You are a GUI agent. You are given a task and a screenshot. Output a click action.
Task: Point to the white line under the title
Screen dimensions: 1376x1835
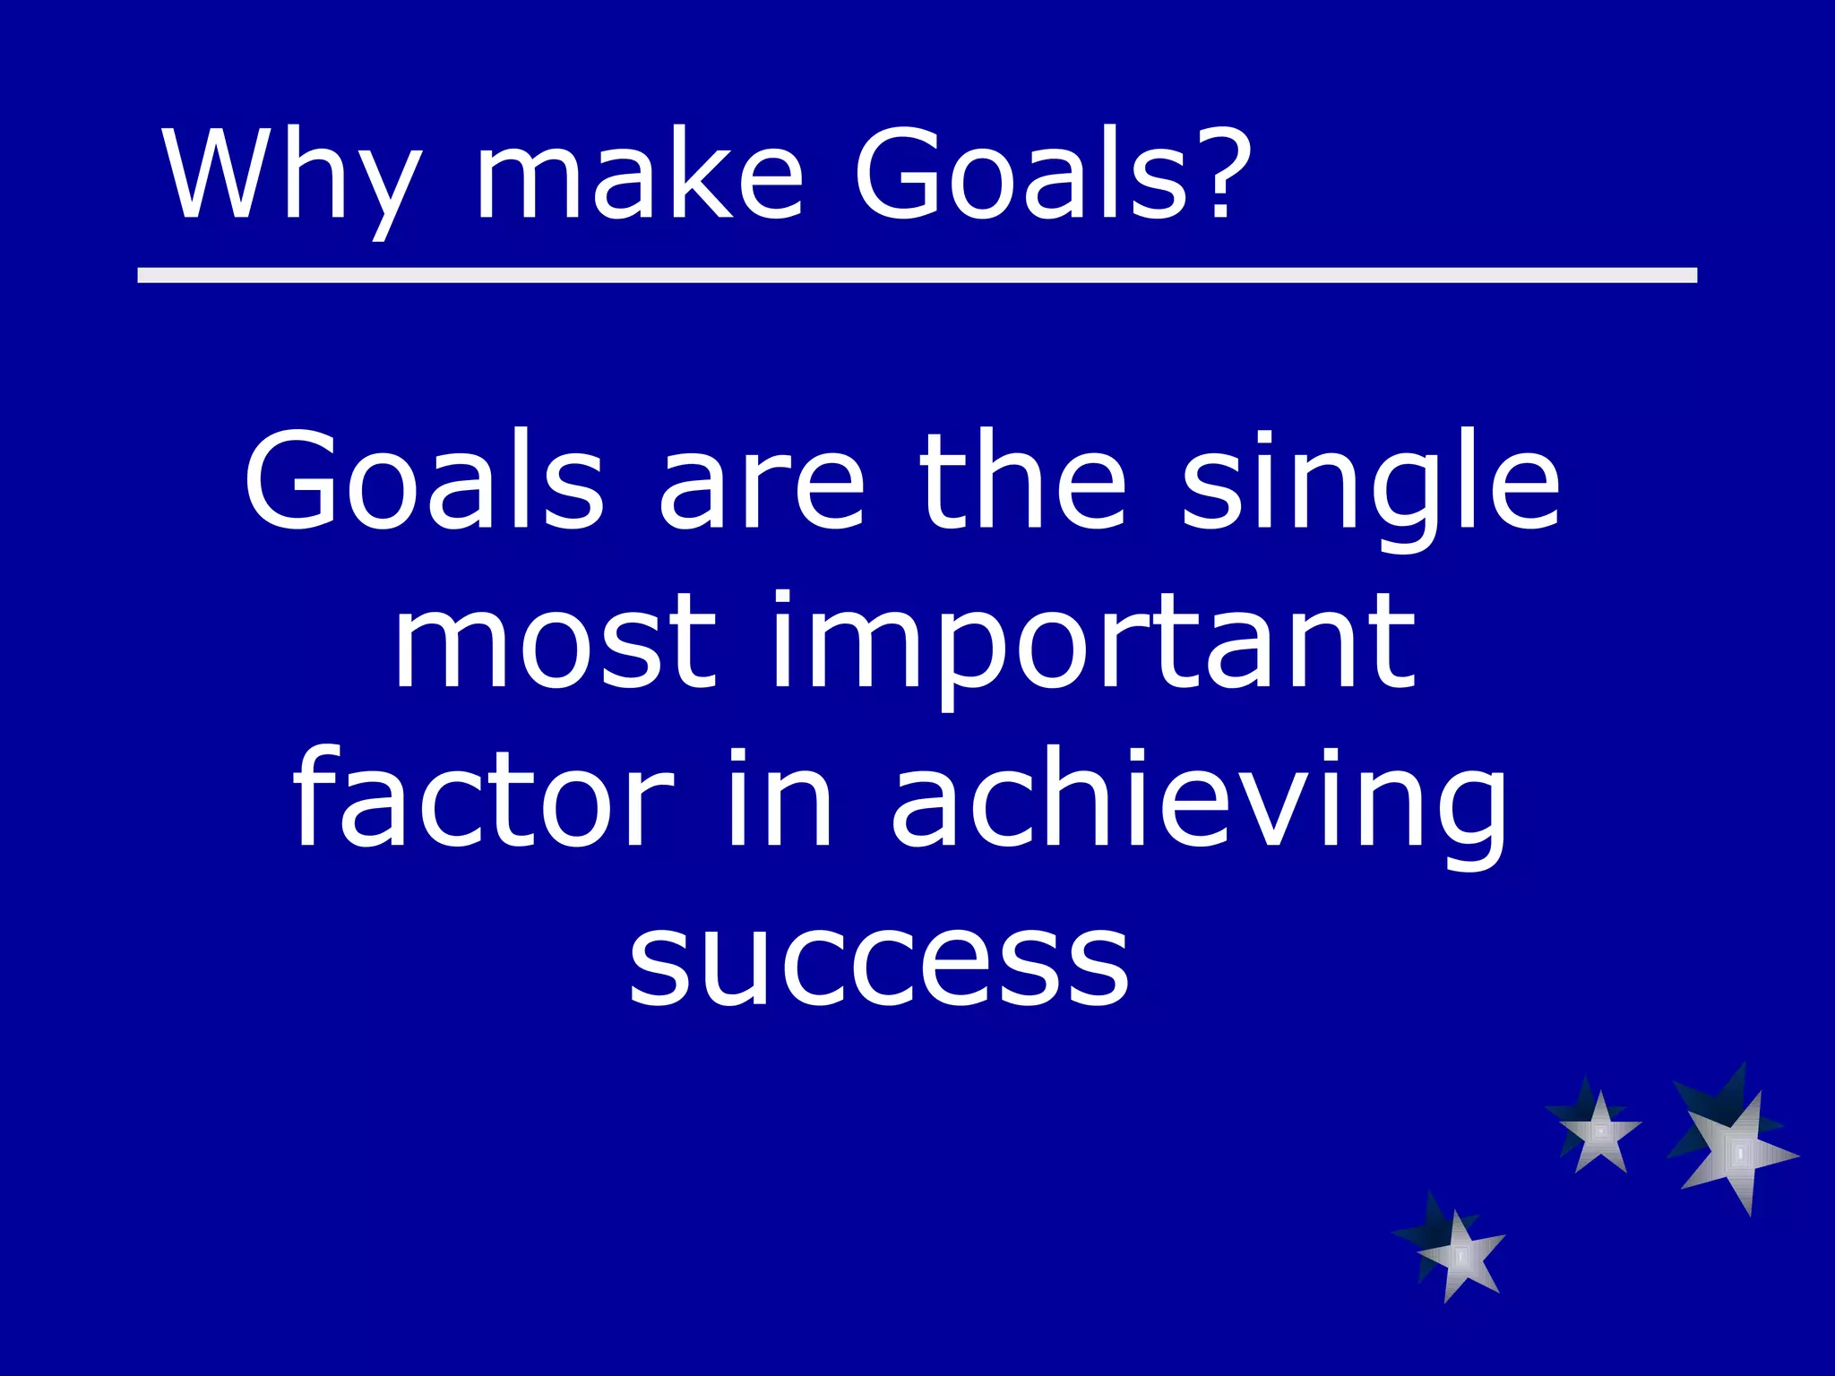click(x=917, y=275)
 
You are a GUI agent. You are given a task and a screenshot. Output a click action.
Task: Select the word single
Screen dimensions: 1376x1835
click(x=1371, y=488)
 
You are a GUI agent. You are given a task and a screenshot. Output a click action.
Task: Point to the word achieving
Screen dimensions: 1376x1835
click(x=1201, y=802)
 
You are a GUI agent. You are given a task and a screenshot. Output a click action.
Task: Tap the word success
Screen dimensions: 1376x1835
click(x=878, y=963)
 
